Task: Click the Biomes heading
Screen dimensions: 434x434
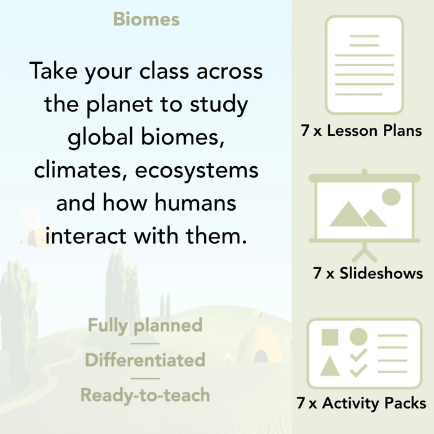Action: point(146,19)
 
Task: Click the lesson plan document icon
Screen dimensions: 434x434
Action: point(364,65)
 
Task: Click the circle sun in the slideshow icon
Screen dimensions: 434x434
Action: point(391,197)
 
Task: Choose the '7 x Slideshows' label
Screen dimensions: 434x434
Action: point(368,273)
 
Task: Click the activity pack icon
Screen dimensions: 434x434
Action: point(364,353)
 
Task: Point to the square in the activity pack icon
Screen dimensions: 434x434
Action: point(330,338)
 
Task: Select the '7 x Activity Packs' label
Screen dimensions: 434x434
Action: point(361,404)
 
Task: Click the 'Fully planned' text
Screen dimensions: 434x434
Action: point(145,325)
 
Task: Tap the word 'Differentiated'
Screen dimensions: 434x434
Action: point(145,360)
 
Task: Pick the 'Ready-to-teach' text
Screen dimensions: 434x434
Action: point(145,394)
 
